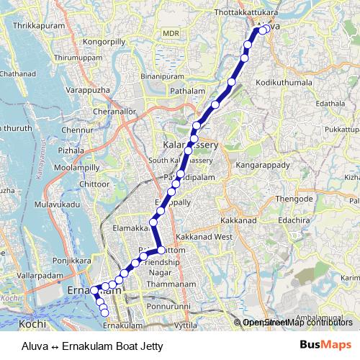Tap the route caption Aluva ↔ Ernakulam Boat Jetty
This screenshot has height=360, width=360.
(x=93, y=345)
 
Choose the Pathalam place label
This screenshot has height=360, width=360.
(x=187, y=91)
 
